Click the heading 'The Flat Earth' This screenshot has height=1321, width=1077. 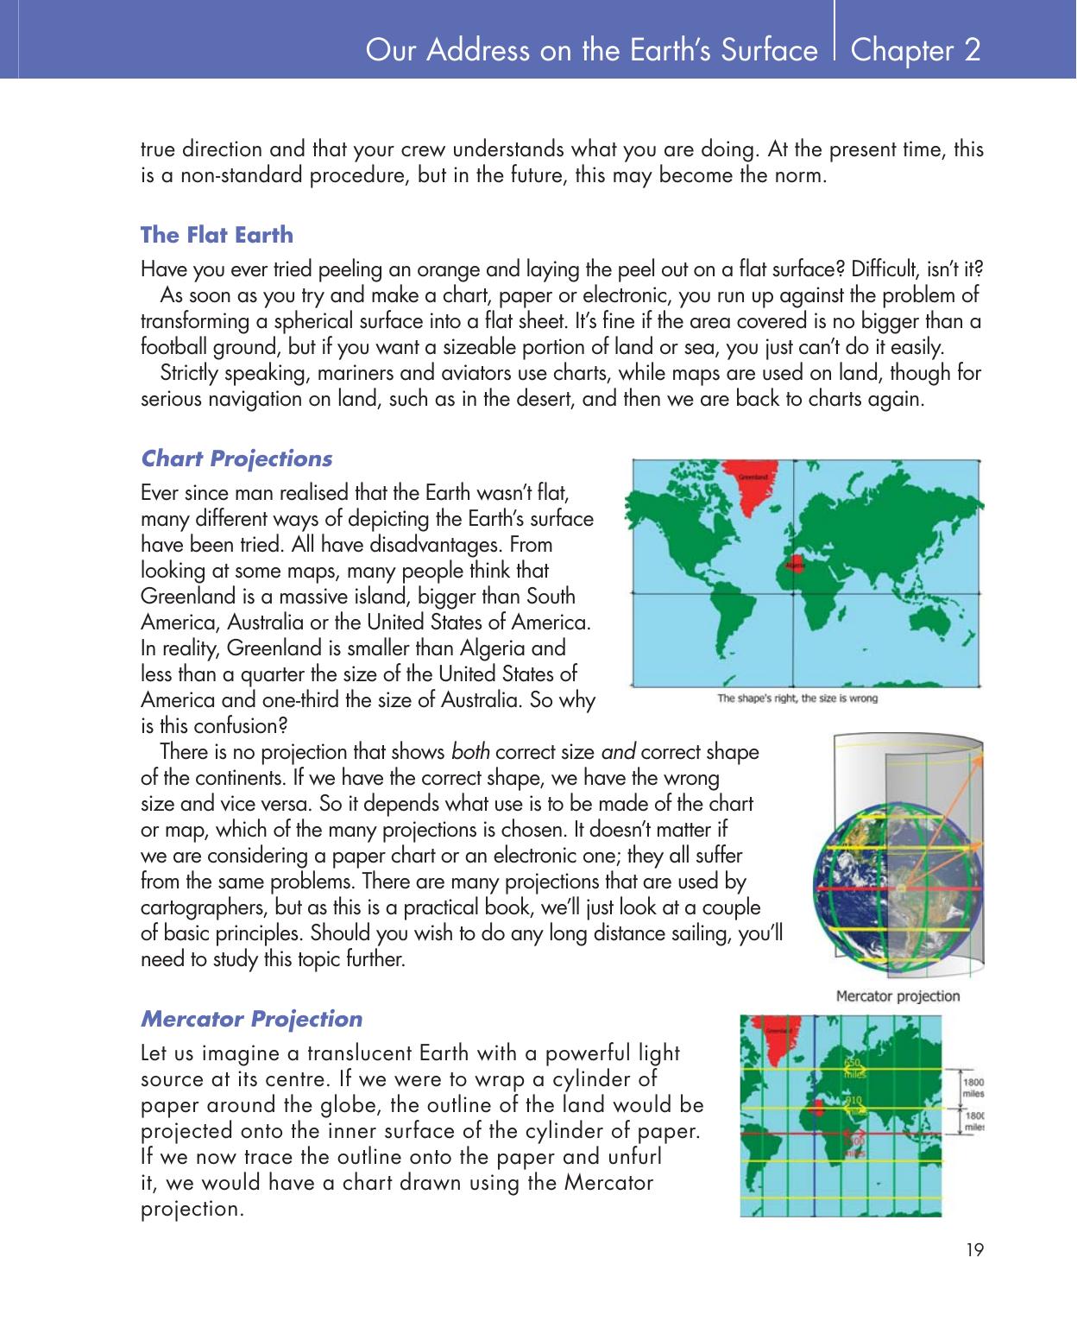(x=217, y=235)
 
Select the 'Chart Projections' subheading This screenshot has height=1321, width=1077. (x=236, y=458)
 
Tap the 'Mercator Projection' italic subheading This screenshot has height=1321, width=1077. (x=251, y=1019)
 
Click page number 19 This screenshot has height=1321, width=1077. (x=975, y=1249)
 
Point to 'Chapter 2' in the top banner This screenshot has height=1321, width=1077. (x=915, y=51)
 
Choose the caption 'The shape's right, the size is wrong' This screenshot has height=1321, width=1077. (x=797, y=698)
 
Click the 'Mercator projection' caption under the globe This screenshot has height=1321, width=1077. (x=897, y=996)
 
